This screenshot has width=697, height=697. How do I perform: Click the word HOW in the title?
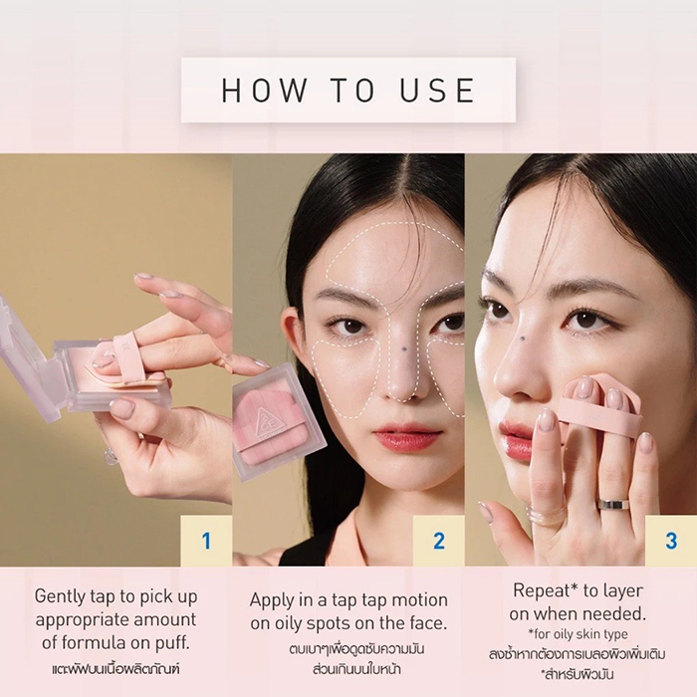tap(263, 90)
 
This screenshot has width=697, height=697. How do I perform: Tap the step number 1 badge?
tap(206, 541)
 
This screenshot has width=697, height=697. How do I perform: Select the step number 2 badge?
tap(439, 541)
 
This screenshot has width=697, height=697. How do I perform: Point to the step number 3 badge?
tap(671, 541)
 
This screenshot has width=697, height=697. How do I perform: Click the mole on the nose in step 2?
tap(403, 349)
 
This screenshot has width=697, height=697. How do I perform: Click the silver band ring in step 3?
tap(613, 504)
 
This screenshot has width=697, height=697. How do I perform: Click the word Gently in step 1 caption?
tap(59, 597)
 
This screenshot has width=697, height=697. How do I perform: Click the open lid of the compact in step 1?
tap(27, 355)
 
